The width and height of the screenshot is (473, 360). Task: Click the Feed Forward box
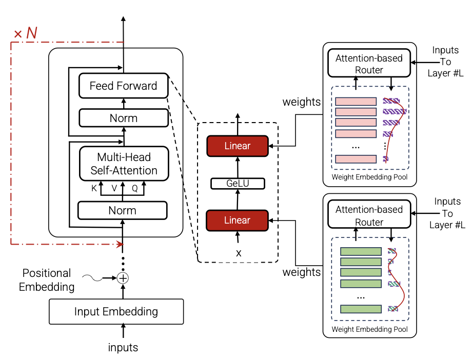(x=123, y=86)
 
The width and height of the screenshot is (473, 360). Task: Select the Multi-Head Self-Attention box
(x=124, y=163)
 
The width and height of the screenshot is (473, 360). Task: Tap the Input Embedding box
(x=116, y=311)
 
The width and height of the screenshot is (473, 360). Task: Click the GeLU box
(x=238, y=184)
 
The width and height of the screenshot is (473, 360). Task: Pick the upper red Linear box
(x=237, y=146)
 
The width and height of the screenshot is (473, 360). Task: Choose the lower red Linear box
(x=237, y=221)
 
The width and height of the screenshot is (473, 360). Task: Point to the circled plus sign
(x=123, y=278)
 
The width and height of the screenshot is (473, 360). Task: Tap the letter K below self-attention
(x=94, y=188)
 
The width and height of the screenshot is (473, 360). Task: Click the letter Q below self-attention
(x=135, y=188)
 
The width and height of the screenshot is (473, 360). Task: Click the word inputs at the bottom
(x=123, y=347)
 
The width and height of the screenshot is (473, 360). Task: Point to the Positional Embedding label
(x=47, y=280)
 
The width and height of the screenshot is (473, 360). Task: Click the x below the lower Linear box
(x=238, y=253)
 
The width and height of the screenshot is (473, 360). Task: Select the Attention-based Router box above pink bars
(x=369, y=64)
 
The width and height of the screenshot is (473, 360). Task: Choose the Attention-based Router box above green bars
(x=369, y=215)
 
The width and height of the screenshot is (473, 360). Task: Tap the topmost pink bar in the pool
(x=356, y=102)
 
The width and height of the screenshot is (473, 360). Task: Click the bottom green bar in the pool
(x=361, y=309)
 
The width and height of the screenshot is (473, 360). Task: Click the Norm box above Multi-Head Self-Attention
(x=123, y=118)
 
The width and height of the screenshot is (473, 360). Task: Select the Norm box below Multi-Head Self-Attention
(x=123, y=210)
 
